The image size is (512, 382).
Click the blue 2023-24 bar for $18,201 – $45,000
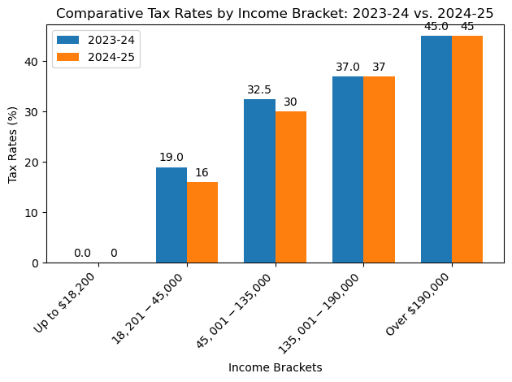point(171,215)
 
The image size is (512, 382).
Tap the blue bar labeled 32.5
point(259,181)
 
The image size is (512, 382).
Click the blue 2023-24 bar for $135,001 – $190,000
point(348,170)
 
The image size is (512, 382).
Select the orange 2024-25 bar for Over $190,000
point(467,150)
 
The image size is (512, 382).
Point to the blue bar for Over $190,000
point(436,150)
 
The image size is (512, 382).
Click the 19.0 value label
point(171,158)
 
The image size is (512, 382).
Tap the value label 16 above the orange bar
point(202,173)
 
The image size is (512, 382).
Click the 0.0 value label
point(83,254)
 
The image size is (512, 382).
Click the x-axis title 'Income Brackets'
point(276,367)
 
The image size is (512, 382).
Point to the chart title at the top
point(276,12)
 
